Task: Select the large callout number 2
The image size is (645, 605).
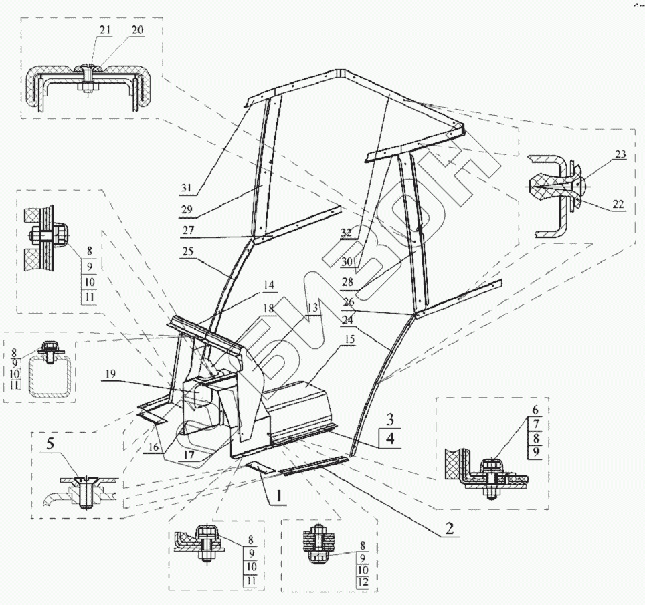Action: [450, 527]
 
